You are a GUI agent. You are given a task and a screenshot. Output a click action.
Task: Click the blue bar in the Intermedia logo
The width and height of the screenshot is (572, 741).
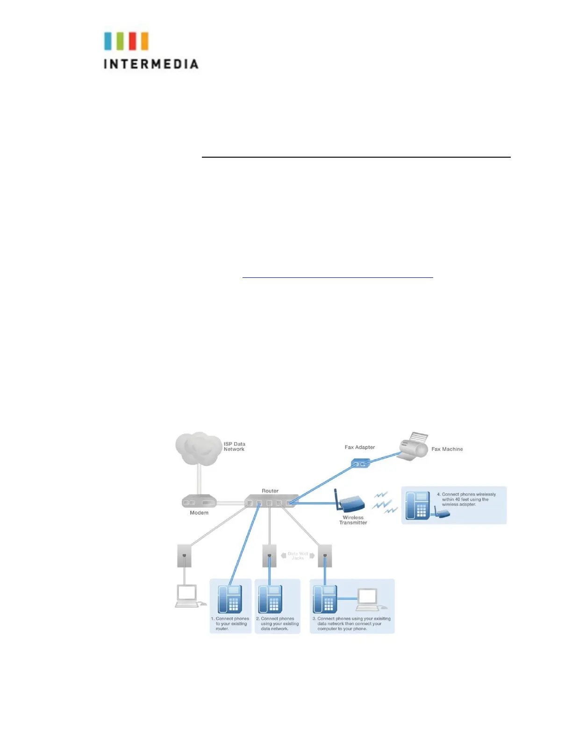point(108,41)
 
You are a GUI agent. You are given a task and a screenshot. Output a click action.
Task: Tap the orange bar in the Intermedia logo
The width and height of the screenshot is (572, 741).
point(144,41)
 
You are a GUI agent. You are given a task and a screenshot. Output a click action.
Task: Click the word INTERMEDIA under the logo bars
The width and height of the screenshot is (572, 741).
point(151,64)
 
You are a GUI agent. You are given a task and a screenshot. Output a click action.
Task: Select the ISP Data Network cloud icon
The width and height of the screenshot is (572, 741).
point(198,448)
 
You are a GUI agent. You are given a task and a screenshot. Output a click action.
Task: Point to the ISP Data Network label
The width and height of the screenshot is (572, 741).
point(234,447)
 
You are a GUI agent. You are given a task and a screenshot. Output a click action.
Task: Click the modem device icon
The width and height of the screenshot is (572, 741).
point(199,501)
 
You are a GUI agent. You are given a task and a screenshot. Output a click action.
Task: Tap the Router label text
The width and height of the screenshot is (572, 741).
point(270,491)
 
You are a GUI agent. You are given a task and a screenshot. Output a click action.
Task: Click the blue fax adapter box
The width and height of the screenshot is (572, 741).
point(360,463)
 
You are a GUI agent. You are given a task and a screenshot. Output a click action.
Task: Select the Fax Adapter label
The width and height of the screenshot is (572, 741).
point(360,447)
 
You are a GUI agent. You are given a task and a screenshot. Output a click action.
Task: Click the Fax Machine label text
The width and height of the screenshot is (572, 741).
point(447,449)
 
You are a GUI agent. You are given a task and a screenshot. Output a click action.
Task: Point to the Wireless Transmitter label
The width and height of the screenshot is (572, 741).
point(353,520)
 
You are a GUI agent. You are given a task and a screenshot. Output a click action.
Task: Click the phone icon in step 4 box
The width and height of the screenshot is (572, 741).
point(418,505)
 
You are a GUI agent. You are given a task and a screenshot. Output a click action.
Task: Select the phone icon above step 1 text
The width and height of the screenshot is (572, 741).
point(230,599)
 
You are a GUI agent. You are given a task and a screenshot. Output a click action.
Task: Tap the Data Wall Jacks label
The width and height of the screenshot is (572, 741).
point(298,556)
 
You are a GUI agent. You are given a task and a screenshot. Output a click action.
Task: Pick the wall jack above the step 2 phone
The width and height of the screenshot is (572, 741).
point(269,556)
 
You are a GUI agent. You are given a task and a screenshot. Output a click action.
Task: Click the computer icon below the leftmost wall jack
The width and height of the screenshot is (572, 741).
point(187,596)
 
